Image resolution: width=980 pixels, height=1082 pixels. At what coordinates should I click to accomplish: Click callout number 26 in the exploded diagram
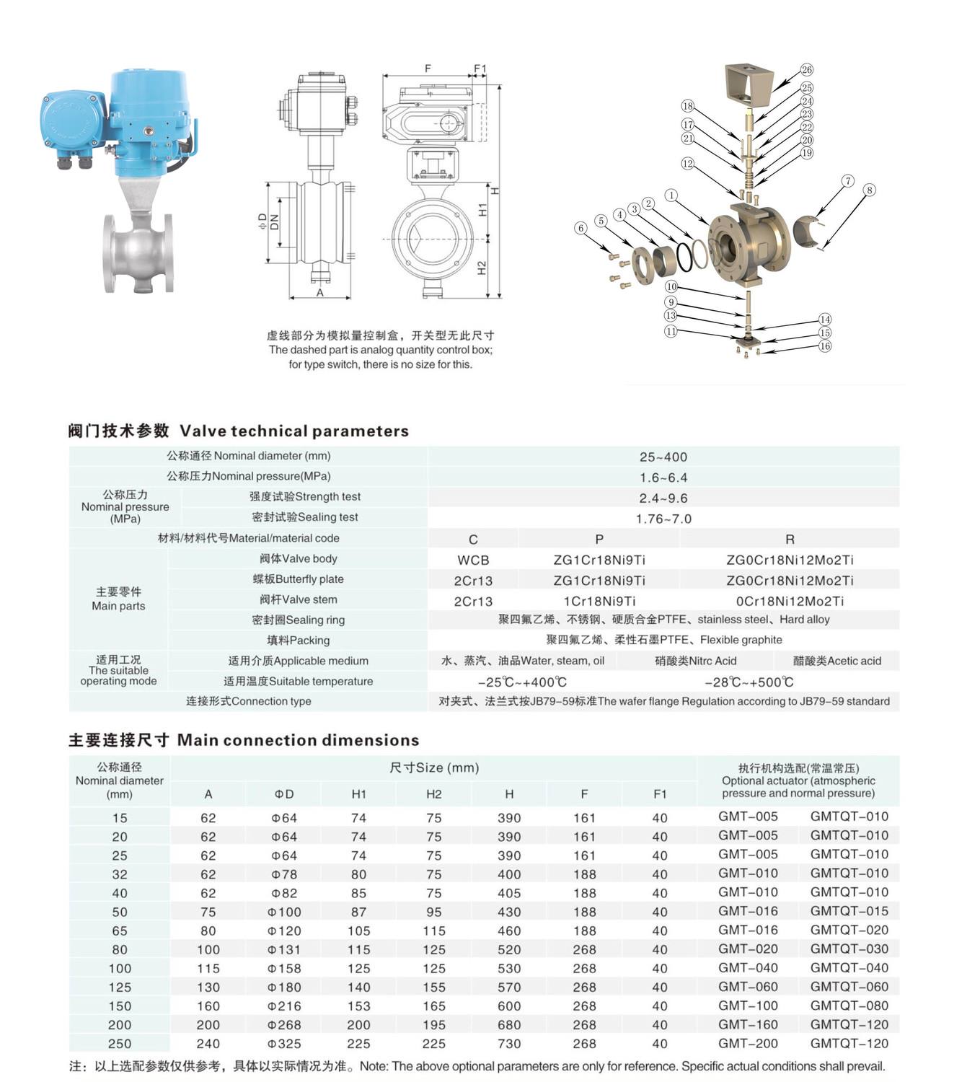806,70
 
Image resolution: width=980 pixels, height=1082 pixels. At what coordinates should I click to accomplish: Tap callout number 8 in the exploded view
870,190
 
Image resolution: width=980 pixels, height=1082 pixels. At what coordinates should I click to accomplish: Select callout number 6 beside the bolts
581,228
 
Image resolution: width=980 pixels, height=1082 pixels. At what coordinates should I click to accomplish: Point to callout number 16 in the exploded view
825,346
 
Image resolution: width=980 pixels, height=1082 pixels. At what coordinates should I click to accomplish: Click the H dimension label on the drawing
495,191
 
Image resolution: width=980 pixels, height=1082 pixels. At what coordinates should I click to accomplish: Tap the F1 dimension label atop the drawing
480,69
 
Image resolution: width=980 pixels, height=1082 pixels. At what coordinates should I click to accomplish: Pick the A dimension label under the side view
320,293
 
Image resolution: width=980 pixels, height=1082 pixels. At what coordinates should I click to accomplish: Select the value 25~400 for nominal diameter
663,457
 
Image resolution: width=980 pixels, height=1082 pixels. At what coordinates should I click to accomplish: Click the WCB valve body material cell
473,560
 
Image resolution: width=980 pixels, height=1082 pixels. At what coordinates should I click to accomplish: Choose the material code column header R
790,539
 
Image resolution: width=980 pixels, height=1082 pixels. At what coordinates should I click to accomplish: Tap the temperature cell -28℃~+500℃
749,682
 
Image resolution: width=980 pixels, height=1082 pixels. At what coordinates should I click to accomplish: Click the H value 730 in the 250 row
509,1044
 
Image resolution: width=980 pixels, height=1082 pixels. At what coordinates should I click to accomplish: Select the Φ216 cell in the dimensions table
284,1006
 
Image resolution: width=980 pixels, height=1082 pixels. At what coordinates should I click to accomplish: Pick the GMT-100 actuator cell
748,1006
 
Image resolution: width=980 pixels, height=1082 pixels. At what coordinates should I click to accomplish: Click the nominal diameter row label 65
120,931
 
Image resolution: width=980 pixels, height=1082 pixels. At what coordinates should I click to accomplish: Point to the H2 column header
433,794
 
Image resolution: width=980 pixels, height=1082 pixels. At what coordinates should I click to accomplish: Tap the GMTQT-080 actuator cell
849,1006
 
